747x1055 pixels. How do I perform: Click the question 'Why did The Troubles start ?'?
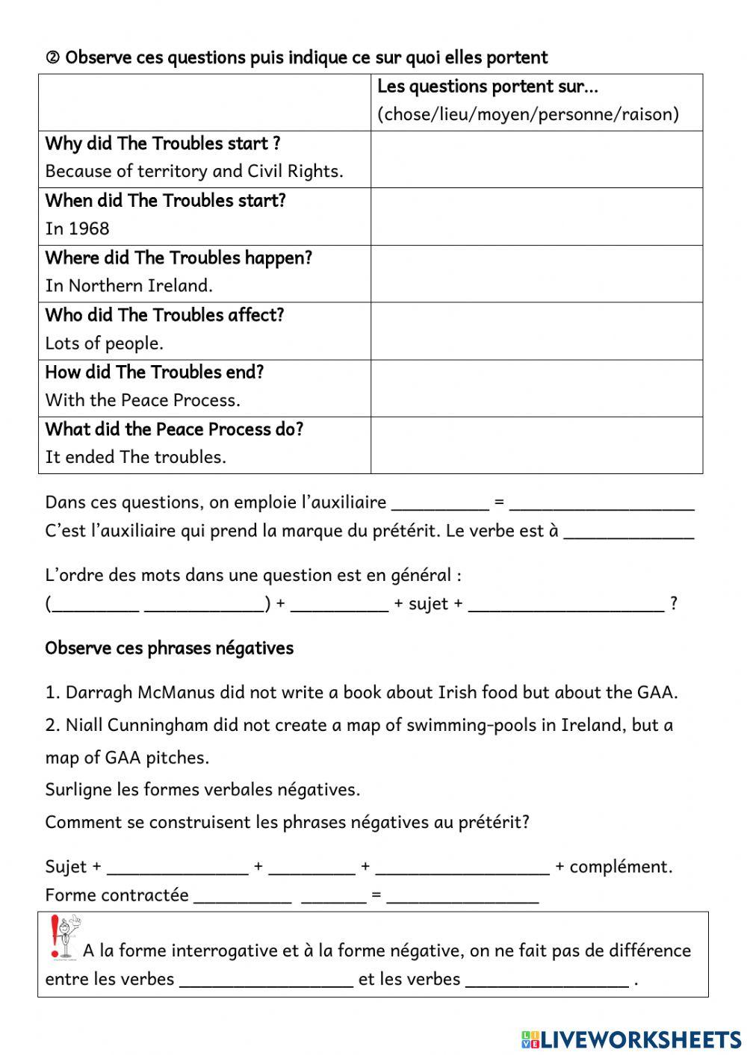pyautogui.click(x=163, y=143)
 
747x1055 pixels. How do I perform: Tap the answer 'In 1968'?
pyautogui.click(x=77, y=228)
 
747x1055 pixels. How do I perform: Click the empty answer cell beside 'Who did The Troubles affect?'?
pyautogui.click(x=536, y=331)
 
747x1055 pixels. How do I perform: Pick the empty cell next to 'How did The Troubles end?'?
pyautogui.click(x=536, y=388)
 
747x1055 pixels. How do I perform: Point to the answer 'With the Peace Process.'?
pyautogui.click(x=143, y=400)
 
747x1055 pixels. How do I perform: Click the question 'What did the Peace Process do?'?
pyautogui.click(x=174, y=429)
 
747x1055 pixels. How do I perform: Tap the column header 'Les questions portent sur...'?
pyautogui.click(x=488, y=87)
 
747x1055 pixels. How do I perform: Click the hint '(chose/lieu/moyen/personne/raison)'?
pyautogui.click(x=528, y=114)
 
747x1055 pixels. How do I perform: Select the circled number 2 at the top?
pyautogui.click(x=52, y=58)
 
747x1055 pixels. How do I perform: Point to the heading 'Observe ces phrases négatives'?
pyautogui.click(x=169, y=648)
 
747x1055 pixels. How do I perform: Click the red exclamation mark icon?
pyautogui.click(x=54, y=937)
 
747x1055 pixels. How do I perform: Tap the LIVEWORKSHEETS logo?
pyautogui.click(x=631, y=1039)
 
